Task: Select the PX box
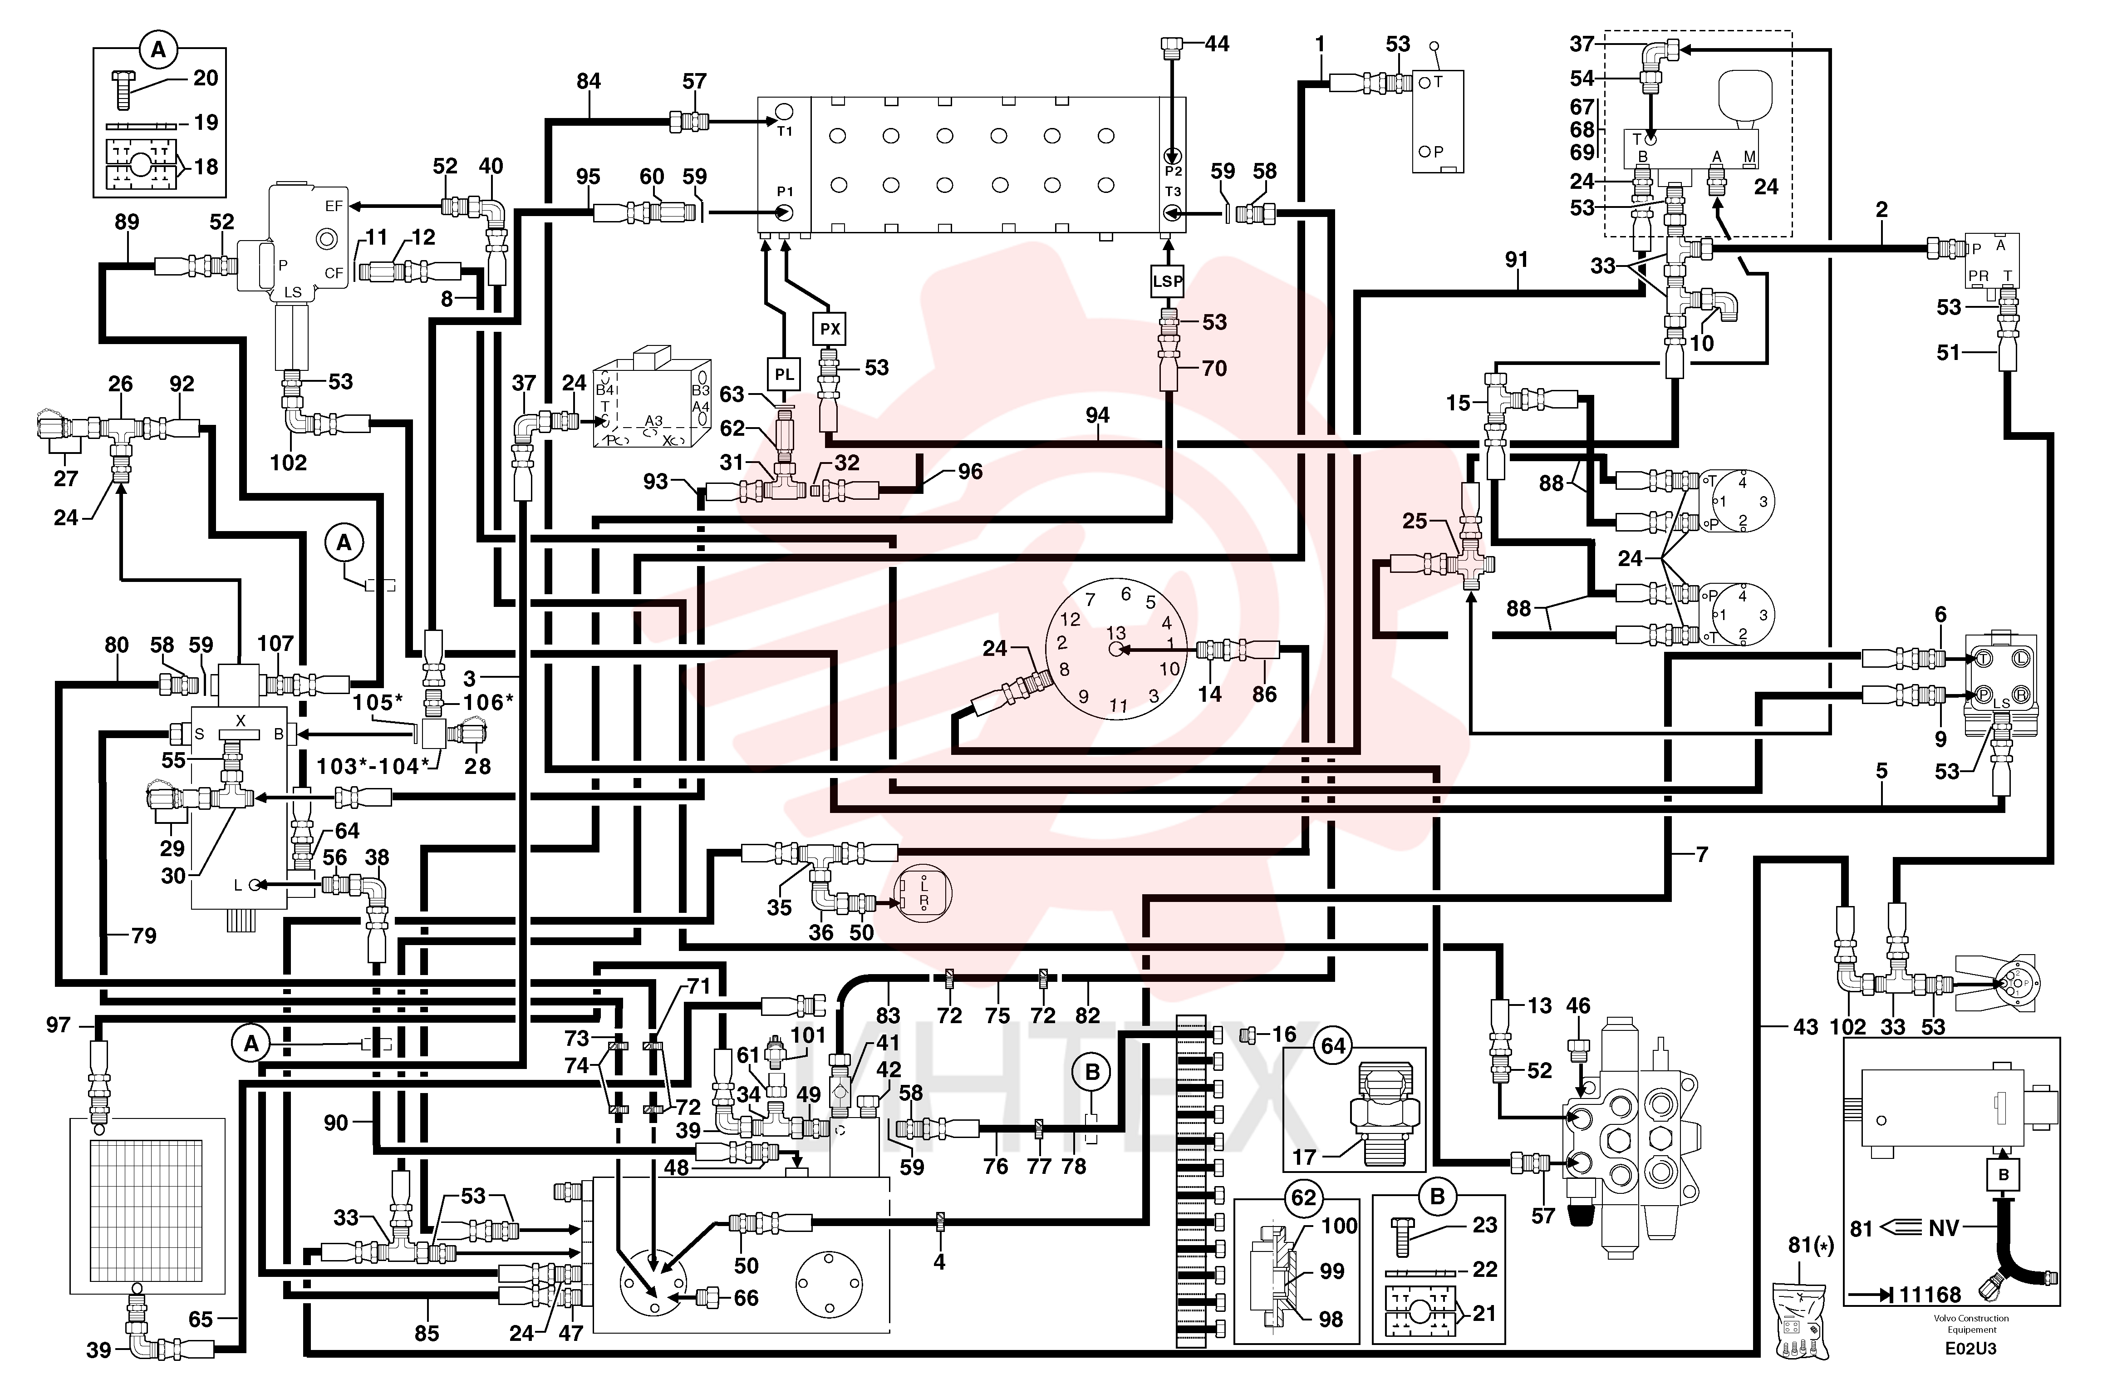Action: point(830,329)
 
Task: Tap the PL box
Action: point(784,374)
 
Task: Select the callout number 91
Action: point(1517,260)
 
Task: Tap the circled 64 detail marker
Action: point(1332,1045)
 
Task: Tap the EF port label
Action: point(334,207)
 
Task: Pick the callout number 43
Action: point(1805,1027)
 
